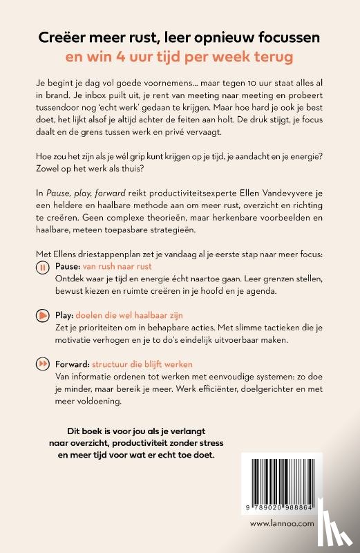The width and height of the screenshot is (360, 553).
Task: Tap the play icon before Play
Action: coord(42,315)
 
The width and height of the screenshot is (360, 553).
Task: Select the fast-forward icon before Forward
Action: coord(42,364)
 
